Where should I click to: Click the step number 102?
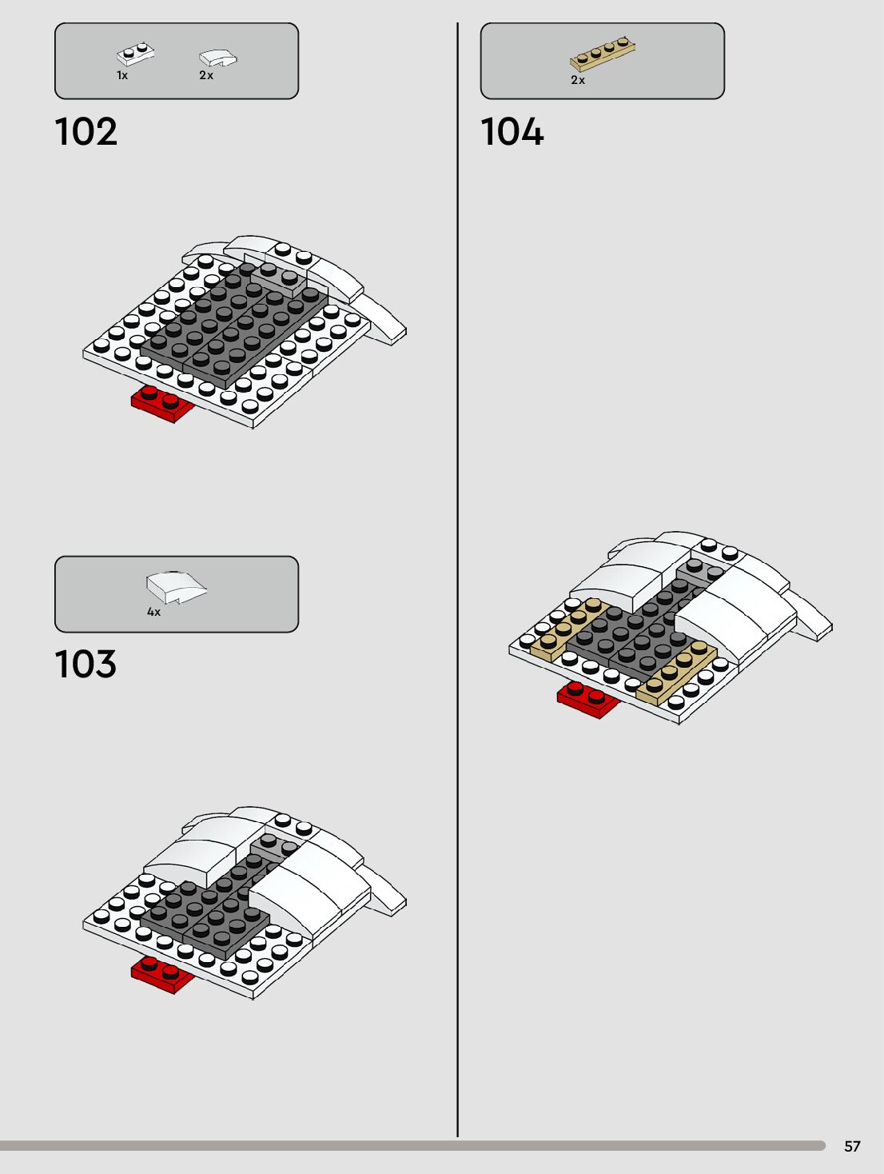pyautogui.click(x=86, y=132)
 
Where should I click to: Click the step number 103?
pyautogui.click(x=86, y=665)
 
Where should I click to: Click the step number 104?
pyautogui.click(x=512, y=132)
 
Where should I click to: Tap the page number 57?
pyautogui.click(x=852, y=1146)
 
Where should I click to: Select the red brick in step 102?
pyautogui.click(x=162, y=404)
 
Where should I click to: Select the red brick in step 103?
pyautogui.click(x=162, y=974)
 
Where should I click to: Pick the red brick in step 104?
pyautogui.click(x=588, y=701)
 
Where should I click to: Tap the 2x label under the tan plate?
pyautogui.click(x=578, y=80)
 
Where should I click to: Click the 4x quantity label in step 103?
pyautogui.click(x=153, y=612)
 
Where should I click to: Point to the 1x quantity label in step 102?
pyautogui.click(x=122, y=75)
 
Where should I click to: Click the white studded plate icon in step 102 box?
pyautogui.click(x=135, y=54)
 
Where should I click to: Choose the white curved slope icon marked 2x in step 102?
pyautogui.click(x=217, y=58)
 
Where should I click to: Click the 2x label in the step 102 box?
pyautogui.click(x=206, y=75)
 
